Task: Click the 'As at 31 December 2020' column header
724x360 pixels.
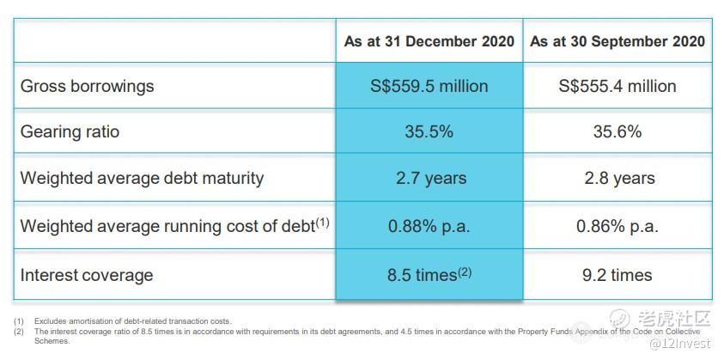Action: point(429,41)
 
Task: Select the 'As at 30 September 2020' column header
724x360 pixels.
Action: point(617,41)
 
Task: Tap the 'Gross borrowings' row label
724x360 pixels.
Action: point(87,86)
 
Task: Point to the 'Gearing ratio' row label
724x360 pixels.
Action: point(70,132)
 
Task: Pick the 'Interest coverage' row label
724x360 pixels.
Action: point(86,275)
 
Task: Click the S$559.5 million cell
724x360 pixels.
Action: point(429,86)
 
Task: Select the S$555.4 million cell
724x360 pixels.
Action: point(617,86)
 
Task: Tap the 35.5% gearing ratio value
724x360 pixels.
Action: point(429,132)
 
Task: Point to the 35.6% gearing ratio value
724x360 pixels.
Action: point(617,132)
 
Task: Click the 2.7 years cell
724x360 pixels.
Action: point(429,179)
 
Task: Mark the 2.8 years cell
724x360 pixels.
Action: point(617,179)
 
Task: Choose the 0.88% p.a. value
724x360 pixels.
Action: point(429,226)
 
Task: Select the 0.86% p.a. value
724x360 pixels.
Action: point(617,226)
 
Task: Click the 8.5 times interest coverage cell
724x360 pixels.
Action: point(429,275)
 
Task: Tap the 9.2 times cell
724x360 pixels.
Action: point(617,275)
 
